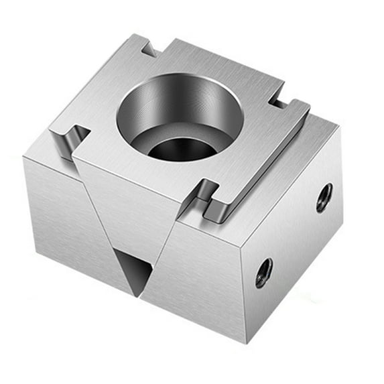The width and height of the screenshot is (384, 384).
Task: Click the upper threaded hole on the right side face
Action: click(x=324, y=197)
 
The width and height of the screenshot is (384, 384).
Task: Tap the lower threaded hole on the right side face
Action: click(x=263, y=272)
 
